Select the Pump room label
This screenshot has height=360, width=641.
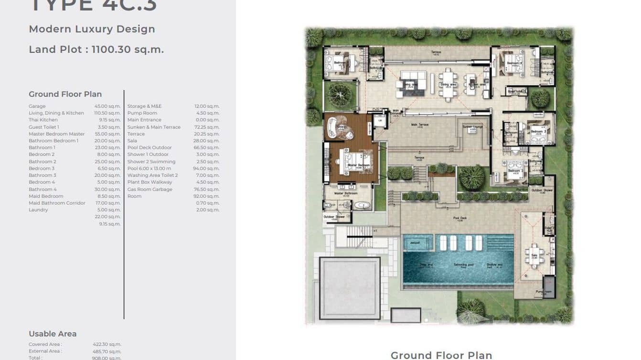click(543, 291)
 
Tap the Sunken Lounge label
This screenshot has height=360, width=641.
click(472, 127)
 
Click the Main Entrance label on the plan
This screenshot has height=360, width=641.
click(396, 112)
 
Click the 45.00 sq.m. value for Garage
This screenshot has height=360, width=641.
click(107, 106)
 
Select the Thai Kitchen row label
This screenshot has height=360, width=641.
click(43, 120)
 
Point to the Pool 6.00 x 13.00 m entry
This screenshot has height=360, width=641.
click(149, 169)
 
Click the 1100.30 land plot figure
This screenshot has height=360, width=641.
click(111, 49)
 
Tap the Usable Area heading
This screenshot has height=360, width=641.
click(53, 334)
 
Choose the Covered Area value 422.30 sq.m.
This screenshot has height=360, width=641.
click(107, 344)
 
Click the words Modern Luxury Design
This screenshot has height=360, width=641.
click(92, 29)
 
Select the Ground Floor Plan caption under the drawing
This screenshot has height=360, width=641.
click(441, 355)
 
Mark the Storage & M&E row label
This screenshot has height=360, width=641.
click(144, 106)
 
